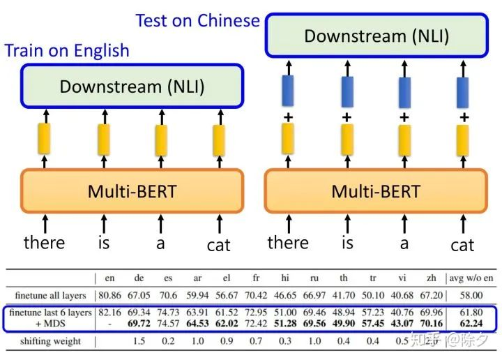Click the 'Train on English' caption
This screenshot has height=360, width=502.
pos(67,50)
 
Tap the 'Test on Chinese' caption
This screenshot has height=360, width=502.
pos(197,20)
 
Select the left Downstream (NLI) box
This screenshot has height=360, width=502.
pos(132,87)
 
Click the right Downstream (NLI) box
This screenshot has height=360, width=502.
pos(376,36)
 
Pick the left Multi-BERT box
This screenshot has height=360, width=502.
pos(132,190)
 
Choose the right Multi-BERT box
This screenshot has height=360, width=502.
pos(376,190)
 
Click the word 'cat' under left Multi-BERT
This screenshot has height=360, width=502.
pos(219,245)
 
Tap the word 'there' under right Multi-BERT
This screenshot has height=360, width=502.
pos(288,242)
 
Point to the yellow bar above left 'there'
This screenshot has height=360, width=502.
pos(45,139)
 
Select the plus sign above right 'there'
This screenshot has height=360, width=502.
pos(288,117)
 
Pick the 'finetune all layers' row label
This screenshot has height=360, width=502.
pos(49,296)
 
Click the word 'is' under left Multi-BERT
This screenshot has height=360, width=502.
pos(103,242)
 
